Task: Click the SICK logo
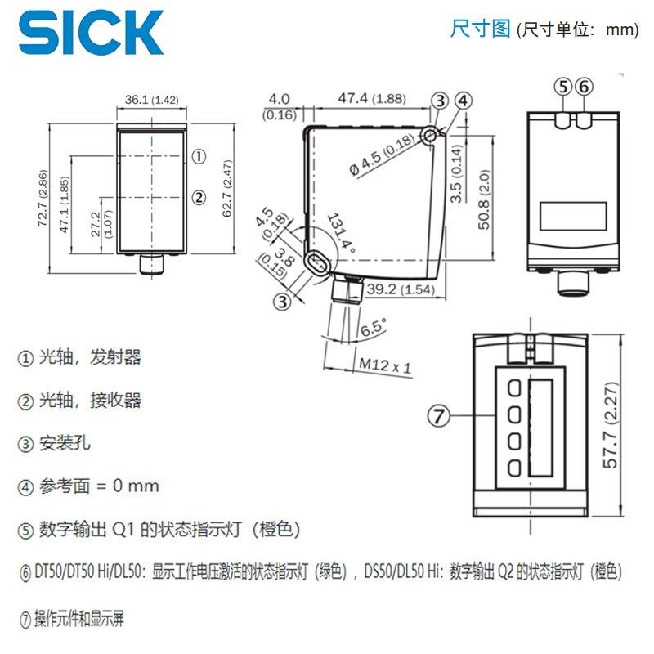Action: tap(91, 32)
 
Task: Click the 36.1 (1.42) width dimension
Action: tap(152, 100)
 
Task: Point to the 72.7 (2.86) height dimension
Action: tap(43, 198)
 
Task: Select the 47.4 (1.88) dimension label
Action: tap(372, 98)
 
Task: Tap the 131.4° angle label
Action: tap(341, 234)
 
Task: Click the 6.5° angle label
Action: tap(374, 328)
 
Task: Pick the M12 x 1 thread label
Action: tap(385, 365)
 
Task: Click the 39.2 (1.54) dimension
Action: tap(401, 289)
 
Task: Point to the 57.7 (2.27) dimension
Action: tap(610, 425)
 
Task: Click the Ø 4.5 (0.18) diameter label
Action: tap(382, 155)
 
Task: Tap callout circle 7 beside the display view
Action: tap(439, 416)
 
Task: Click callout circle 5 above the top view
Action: tap(563, 87)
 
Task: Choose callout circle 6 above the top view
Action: tap(584, 87)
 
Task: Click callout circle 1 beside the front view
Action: tap(199, 156)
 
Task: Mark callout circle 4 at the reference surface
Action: tap(464, 101)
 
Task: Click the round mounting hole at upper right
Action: tap(429, 136)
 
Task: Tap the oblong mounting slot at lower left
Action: tap(318, 263)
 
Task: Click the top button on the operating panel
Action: tap(515, 387)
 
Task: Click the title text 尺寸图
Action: tap(481, 29)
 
